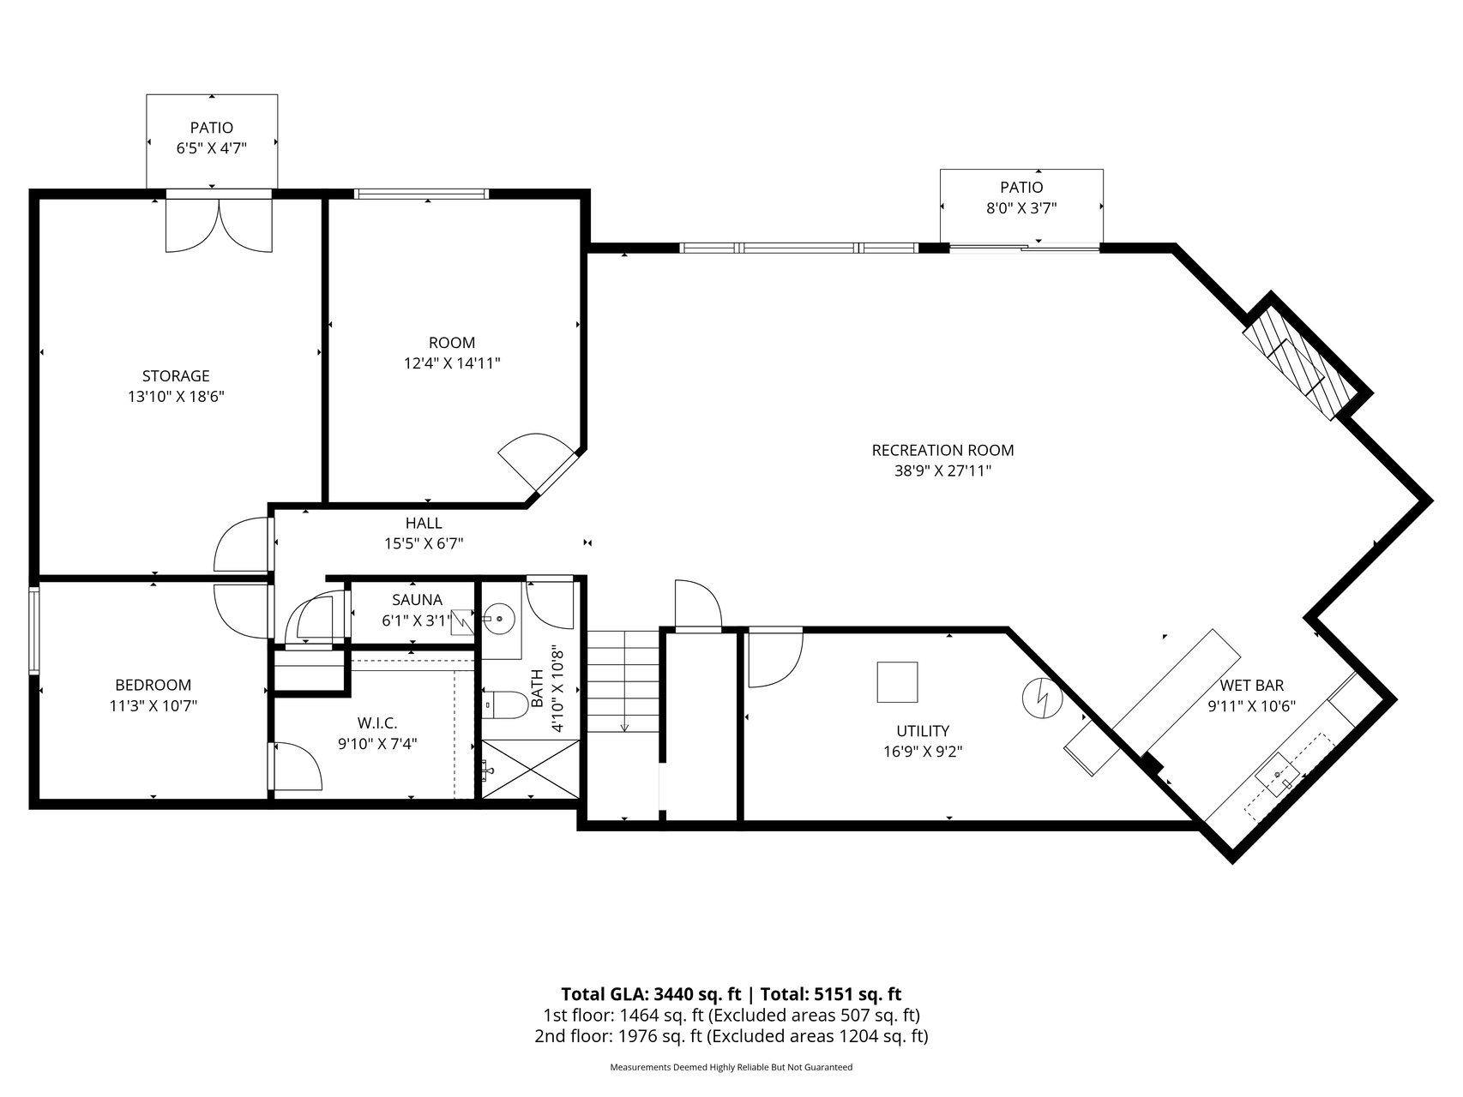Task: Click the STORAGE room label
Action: click(176, 375)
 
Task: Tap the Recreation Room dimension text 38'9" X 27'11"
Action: click(942, 471)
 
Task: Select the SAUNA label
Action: click(417, 600)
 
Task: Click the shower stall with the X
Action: click(531, 770)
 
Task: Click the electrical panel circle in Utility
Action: click(1043, 698)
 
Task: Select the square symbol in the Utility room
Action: click(897, 682)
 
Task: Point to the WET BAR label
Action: click(1252, 686)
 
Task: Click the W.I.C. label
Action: click(377, 723)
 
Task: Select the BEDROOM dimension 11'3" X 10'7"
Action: click(154, 706)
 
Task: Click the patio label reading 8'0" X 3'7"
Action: click(1021, 208)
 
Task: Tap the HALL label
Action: click(424, 523)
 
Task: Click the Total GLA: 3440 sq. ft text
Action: click(651, 994)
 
